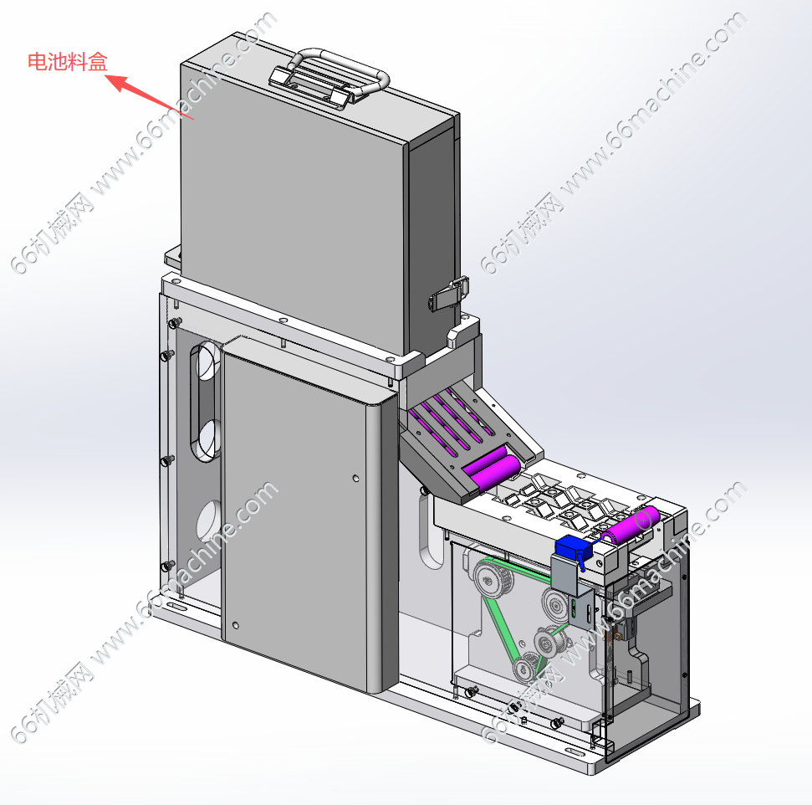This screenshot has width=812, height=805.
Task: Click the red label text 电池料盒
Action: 68,62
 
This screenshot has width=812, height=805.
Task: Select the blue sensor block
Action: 573,547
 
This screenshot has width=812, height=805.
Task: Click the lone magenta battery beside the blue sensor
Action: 630,525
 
